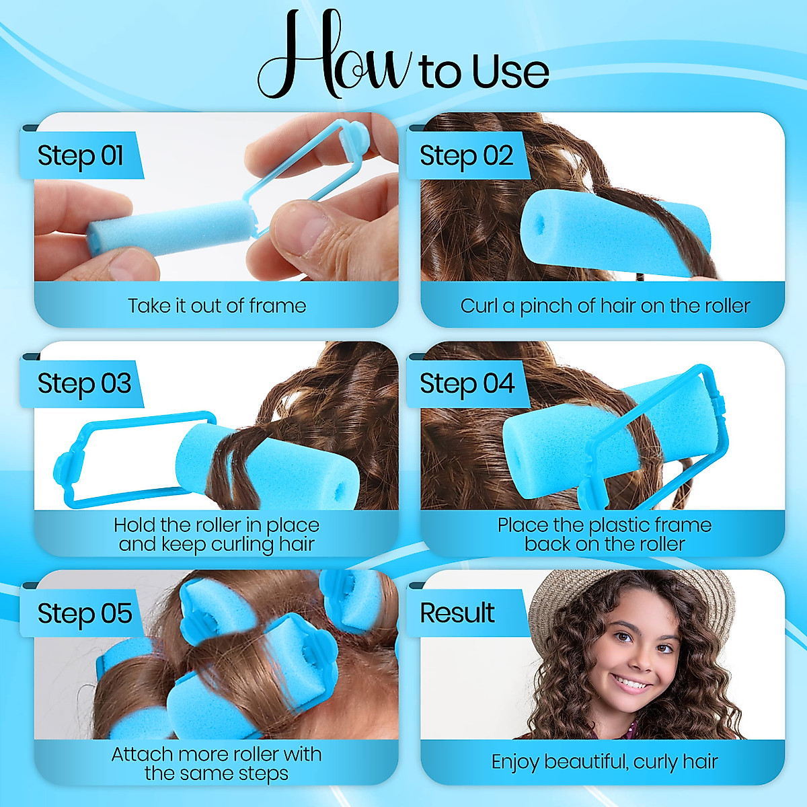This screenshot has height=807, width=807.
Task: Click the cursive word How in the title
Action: pos(334,57)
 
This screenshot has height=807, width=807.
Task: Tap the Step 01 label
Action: pos(81,155)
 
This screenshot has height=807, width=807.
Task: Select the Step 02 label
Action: pos(466,155)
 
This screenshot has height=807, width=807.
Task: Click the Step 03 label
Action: pos(84,383)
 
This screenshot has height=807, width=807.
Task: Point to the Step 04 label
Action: pos(467,383)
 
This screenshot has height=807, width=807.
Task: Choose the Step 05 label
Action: pos(85,613)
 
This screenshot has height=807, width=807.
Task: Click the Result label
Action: pos(457,613)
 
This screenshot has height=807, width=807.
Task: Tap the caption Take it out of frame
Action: pos(217,306)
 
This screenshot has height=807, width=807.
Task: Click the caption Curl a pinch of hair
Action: pos(605,306)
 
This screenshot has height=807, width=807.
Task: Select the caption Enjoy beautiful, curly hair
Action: pos(605,762)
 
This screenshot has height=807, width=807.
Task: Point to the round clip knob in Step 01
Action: pos(354,137)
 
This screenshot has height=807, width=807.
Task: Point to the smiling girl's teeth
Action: pos(631,684)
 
